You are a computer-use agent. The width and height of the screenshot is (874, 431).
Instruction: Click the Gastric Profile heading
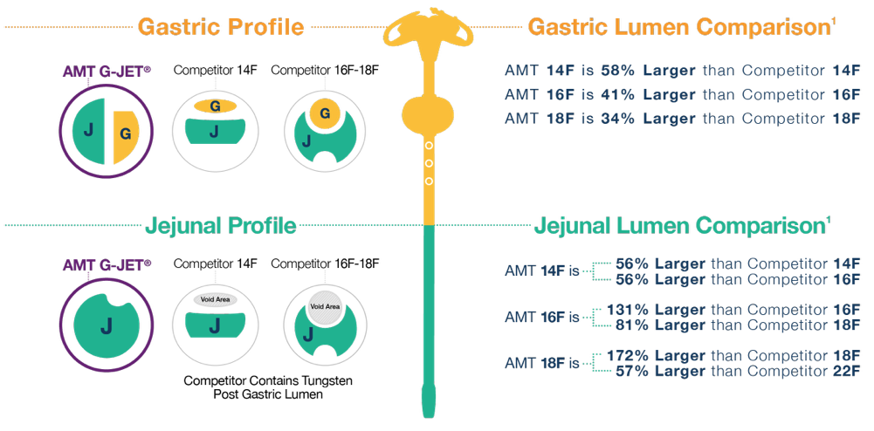click(221, 27)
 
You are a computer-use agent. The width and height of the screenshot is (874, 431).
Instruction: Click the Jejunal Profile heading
click(220, 226)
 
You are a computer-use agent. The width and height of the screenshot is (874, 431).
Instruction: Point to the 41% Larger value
click(648, 95)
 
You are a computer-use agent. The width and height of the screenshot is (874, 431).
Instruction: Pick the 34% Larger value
click(648, 119)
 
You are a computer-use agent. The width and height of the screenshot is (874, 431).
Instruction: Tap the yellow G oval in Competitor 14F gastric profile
click(215, 106)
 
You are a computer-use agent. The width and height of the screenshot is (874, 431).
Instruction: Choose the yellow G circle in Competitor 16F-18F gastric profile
click(325, 114)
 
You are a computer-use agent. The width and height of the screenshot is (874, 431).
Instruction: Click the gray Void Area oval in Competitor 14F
click(215, 299)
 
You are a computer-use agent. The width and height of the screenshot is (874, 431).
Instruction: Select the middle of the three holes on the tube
click(429, 164)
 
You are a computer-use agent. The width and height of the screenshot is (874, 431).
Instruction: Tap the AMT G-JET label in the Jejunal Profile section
click(107, 264)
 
